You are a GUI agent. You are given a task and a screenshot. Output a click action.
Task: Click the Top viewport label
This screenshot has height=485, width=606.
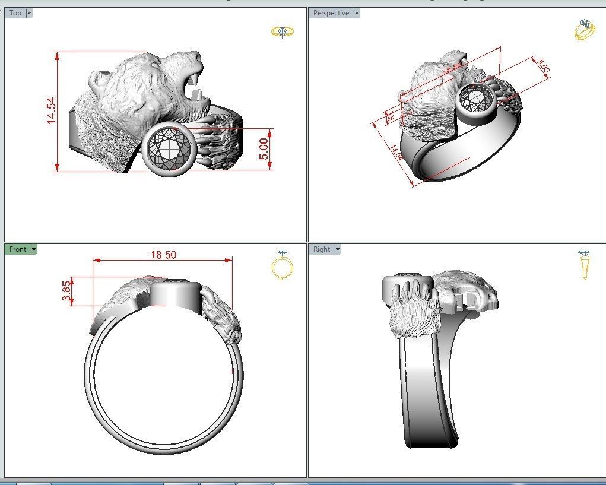point(15,13)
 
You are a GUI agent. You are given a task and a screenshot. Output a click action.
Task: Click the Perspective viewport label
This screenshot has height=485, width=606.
point(331,13)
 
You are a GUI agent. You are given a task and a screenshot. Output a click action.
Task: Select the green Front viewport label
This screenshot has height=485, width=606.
point(18,249)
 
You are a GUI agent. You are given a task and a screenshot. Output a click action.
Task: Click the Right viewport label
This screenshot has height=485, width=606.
point(322,249)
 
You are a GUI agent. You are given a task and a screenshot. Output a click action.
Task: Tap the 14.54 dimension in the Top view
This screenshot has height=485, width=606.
point(52,110)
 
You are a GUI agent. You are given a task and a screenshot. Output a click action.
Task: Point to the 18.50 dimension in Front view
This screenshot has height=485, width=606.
point(163,255)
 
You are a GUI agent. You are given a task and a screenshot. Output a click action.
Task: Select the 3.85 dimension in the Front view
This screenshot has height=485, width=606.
point(66,291)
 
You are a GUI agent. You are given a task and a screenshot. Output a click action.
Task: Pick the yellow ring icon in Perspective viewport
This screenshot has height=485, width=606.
point(584,30)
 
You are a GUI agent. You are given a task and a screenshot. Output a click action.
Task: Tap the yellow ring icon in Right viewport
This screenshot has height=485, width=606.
point(584,264)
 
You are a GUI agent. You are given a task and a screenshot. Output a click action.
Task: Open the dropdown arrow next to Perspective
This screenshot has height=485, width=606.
point(356,13)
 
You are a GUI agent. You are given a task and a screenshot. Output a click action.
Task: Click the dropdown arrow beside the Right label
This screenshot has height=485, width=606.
point(338,249)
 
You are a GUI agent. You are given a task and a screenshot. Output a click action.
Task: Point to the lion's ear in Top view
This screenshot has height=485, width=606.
point(99,79)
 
